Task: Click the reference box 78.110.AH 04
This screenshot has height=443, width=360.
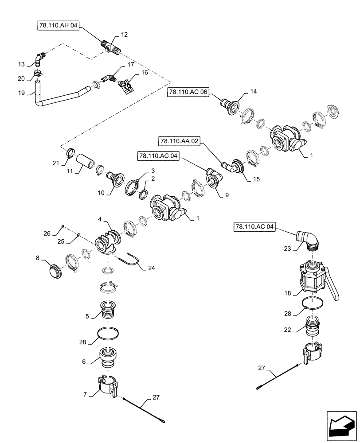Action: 58,26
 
